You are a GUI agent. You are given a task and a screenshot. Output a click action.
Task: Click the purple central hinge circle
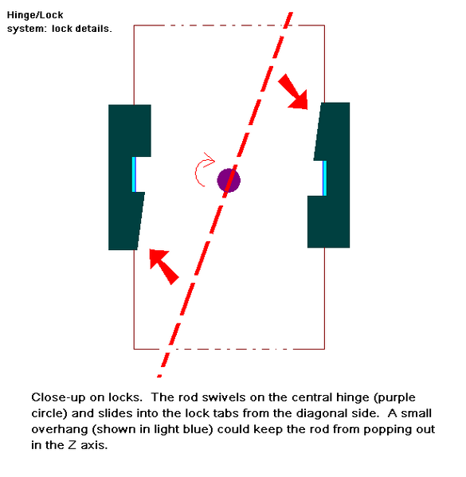(x=229, y=181)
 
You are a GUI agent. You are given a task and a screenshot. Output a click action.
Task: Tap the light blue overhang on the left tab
(x=134, y=174)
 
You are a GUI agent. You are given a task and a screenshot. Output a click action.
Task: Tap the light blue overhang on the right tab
(x=324, y=178)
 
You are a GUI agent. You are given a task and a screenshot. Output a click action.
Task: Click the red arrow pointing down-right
(x=293, y=92)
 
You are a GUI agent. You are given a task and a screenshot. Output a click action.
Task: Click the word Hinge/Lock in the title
(x=35, y=15)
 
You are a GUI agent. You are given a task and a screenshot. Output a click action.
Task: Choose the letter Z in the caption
(x=72, y=445)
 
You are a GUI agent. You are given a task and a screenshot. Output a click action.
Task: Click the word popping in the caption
(x=386, y=430)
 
